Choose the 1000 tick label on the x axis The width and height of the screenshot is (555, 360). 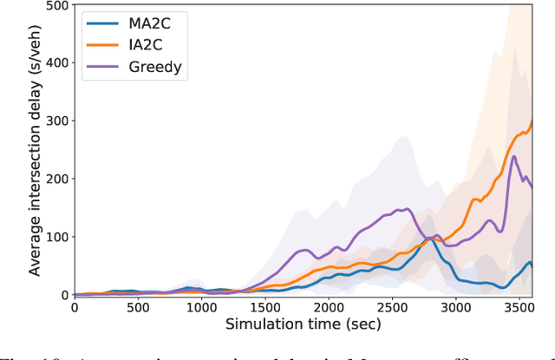point(201,308)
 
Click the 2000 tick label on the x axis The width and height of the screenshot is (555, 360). point(329,308)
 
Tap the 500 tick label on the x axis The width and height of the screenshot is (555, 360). point(138,308)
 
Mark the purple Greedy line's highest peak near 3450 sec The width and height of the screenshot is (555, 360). point(514,157)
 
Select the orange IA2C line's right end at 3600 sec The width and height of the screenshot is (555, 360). point(532,121)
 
